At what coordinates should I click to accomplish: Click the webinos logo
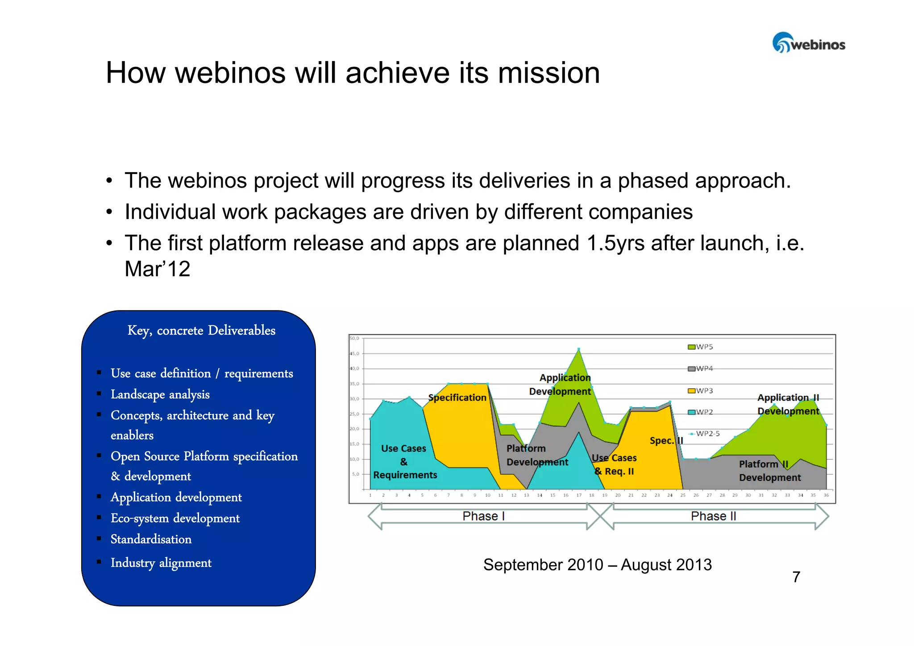pos(808,43)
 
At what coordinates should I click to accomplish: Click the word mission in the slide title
pos(548,73)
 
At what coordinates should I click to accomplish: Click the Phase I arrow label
pos(483,516)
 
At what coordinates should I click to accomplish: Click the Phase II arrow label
pos(713,516)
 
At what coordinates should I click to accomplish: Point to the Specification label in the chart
pos(457,398)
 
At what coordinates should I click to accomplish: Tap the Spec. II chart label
pos(666,441)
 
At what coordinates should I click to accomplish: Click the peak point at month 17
pos(578,349)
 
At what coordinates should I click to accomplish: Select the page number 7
pos(796,577)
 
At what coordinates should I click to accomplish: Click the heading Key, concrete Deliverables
pos(201,331)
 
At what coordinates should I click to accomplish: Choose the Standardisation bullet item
pos(151,539)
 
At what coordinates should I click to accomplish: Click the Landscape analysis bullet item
pos(160,394)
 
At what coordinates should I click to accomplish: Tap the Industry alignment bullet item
pos(161,563)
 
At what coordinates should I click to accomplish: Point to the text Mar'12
pos(157,269)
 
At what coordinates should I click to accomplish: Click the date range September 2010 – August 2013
pos(597,565)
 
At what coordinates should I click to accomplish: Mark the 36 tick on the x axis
pos(826,495)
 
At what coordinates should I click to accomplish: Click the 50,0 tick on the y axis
pos(354,338)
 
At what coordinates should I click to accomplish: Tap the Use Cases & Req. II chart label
pos(614,464)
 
